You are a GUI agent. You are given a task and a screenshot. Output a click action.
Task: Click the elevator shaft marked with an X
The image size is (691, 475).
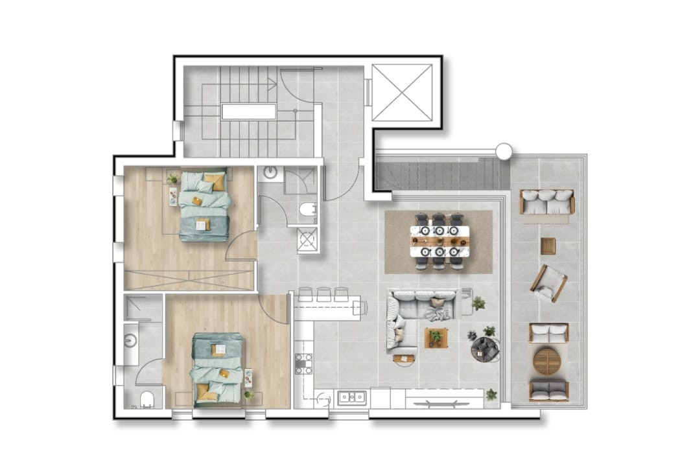pos(402,93)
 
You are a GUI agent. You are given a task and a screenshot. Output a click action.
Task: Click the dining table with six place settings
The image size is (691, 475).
pos(439,240)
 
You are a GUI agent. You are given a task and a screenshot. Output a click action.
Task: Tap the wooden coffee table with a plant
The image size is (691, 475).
pos(436,337)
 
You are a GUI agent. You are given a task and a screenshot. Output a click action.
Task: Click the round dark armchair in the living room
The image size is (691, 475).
pos(485,350)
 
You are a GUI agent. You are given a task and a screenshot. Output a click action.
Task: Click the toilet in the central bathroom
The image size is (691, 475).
pos(309,211)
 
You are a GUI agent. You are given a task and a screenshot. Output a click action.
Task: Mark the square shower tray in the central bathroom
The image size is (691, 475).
pos(307,240)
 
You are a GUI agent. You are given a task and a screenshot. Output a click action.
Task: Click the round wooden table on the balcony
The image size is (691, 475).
pos(548,361)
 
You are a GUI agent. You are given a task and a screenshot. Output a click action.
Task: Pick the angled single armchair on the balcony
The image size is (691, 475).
pos(549,283)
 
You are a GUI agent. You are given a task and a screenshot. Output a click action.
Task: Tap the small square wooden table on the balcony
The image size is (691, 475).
pos(548,246)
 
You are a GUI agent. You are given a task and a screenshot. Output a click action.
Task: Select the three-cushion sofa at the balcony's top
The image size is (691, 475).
pos(547,202)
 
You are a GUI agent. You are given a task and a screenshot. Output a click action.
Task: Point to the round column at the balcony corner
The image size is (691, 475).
pos(504,152)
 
